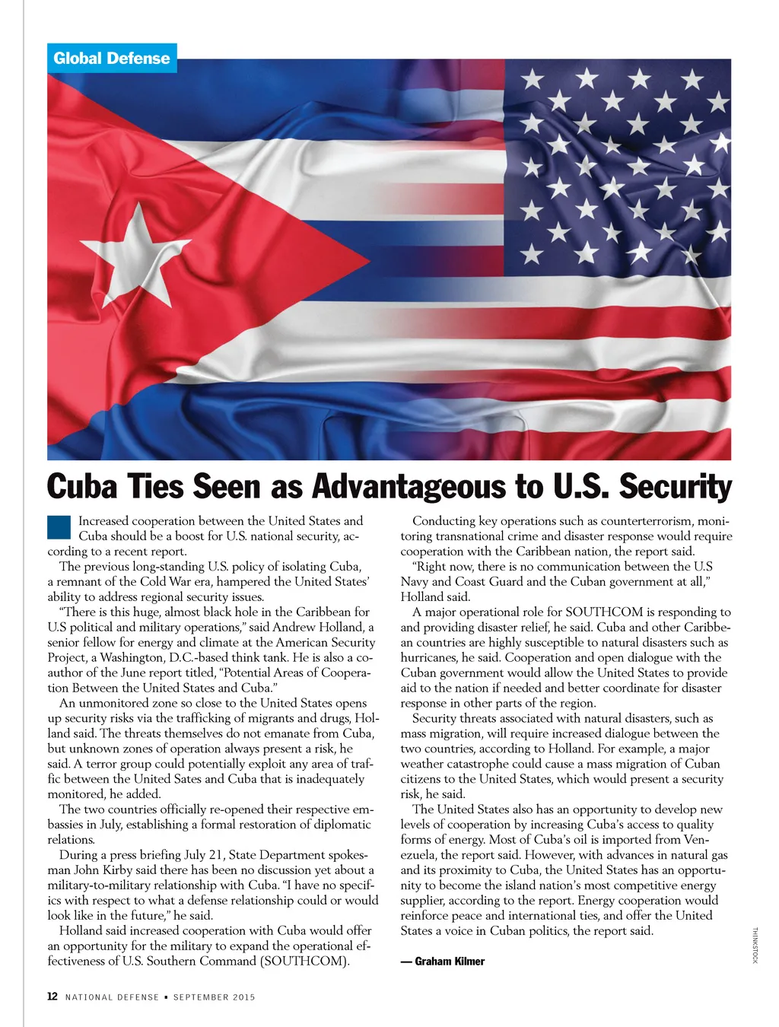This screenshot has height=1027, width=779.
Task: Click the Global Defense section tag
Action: pyautogui.click(x=112, y=59)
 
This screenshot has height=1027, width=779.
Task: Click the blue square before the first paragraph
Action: pyautogui.click(x=59, y=527)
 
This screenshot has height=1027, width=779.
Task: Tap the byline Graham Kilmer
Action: pyautogui.click(x=449, y=962)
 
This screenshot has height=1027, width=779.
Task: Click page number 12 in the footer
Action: pyautogui.click(x=52, y=997)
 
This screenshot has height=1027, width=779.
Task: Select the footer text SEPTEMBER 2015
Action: pyautogui.click(x=214, y=997)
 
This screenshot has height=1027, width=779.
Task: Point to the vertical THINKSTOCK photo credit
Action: pyautogui.click(x=755, y=946)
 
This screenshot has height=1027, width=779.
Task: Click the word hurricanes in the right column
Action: pyautogui.click(x=431, y=658)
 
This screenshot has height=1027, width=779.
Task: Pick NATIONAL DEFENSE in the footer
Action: pyautogui.click(x=112, y=997)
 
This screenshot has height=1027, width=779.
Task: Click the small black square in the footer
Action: pyautogui.click(x=166, y=997)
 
